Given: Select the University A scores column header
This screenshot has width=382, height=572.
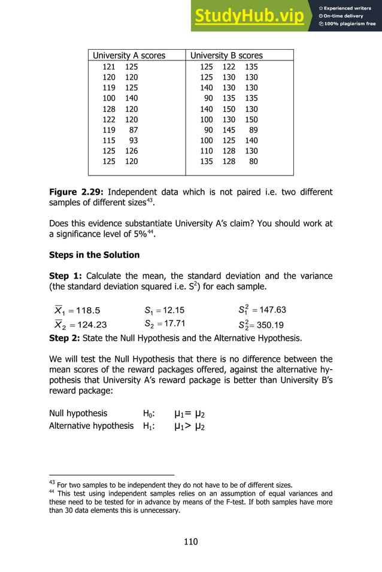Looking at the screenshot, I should coord(129,56).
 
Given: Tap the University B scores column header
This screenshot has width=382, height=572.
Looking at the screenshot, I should coord(226,56).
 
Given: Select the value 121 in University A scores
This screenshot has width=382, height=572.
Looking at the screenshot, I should coord(109,67).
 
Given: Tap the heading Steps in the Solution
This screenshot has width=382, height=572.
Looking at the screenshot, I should coord(94,255).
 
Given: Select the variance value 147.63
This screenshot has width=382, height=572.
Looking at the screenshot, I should coord(271,310).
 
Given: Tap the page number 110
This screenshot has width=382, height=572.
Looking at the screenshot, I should coord(190,542).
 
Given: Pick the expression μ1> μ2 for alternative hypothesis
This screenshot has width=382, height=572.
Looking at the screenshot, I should coord(191,426).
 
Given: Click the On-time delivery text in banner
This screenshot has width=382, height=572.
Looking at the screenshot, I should coord(348,16).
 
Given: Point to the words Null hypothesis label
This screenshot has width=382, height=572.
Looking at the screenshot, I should coord(78,413).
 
